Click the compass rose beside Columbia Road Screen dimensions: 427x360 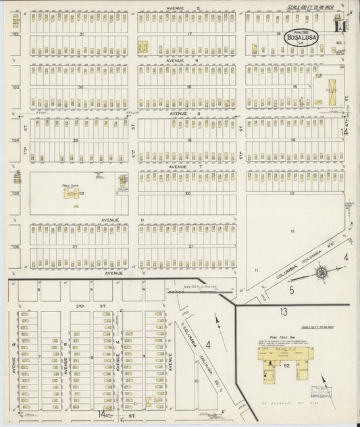[x=321, y=272]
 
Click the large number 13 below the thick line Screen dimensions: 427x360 [x=284, y=311]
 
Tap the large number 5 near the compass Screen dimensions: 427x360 [x=292, y=291]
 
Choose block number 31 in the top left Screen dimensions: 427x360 [x=82, y=34]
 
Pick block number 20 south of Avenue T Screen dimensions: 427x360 [x=189, y=193]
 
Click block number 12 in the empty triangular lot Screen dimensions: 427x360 [x=292, y=230]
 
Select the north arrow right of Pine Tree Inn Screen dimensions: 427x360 [x=324, y=382]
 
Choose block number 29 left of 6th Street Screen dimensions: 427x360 [x=76, y=140]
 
